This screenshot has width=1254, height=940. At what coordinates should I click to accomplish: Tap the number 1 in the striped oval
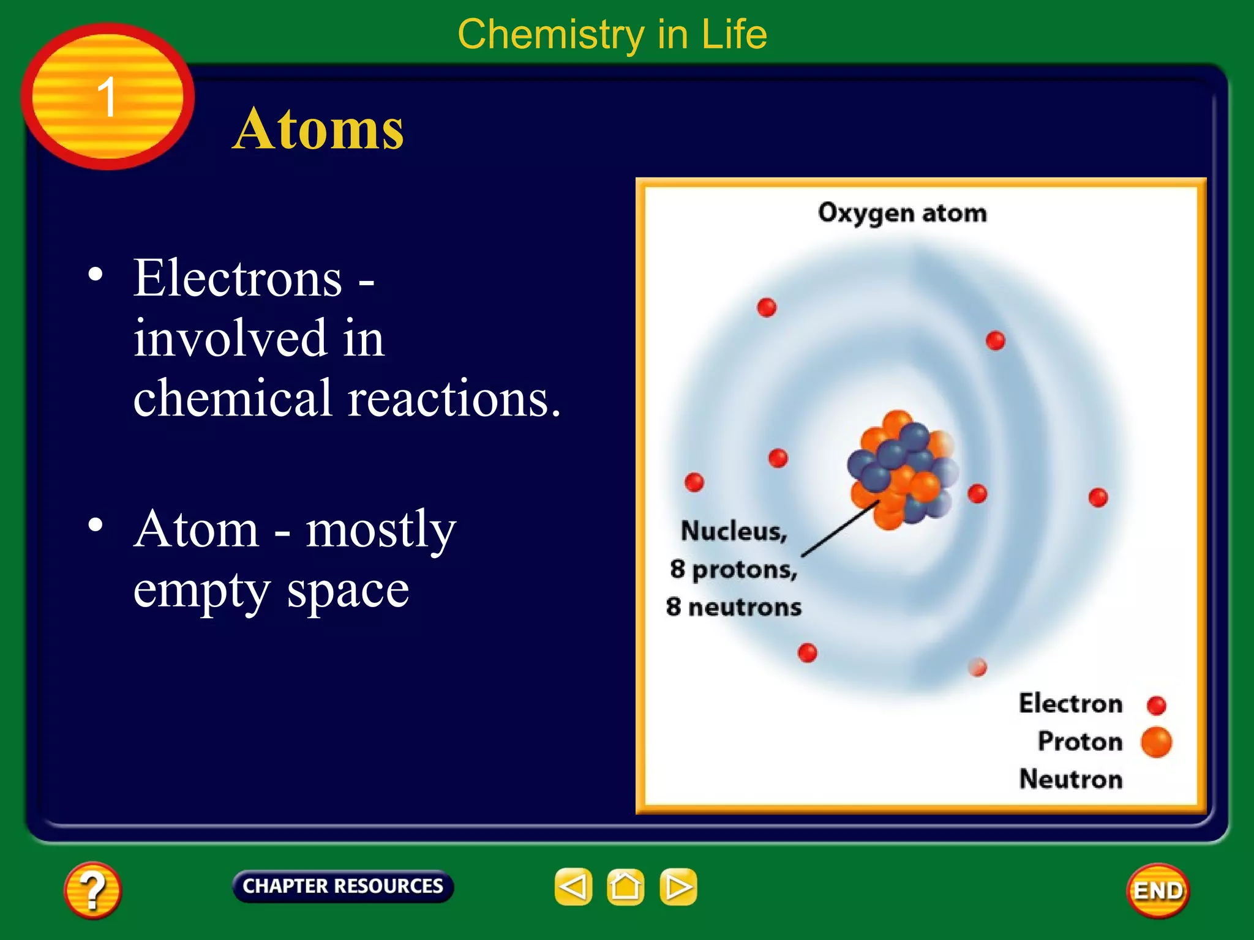point(107,97)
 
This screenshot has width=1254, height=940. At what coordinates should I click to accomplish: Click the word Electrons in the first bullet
point(238,278)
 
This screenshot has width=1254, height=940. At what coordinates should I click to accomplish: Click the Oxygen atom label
point(902,213)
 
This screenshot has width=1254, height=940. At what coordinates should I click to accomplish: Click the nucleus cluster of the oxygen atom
point(902,468)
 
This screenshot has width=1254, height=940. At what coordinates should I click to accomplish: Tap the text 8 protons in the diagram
point(734,569)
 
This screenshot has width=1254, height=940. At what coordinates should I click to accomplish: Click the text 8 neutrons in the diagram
point(734,607)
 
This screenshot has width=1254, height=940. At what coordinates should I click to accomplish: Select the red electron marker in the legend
point(1156,705)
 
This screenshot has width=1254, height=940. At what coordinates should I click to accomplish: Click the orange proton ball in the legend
point(1156,742)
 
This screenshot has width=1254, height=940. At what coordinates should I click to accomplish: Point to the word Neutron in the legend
point(1070,779)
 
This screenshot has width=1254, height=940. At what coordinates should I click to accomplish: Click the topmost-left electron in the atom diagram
point(767,307)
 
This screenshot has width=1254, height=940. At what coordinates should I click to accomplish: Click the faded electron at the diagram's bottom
point(977,666)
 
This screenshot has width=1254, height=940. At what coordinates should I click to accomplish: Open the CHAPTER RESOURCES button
point(342,886)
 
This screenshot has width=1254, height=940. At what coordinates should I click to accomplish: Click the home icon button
point(625,886)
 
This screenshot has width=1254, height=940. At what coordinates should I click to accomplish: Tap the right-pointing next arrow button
point(678,886)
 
